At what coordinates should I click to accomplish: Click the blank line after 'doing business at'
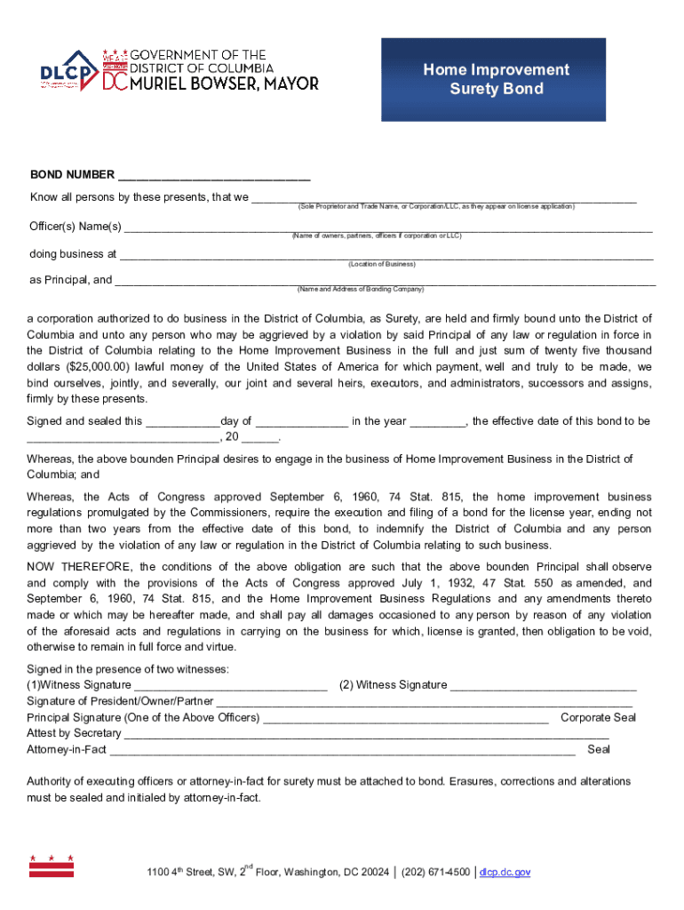[386, 255]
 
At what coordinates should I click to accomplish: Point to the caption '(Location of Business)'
[382, 265]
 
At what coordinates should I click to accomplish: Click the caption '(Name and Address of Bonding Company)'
[361, 290]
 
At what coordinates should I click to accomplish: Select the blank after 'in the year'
[437, 422]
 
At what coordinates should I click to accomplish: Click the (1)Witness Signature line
[230, 686]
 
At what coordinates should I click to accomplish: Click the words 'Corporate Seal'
[598, 718]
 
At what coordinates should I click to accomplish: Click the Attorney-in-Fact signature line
[342, 751]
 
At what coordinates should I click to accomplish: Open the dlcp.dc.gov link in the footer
[505, 873]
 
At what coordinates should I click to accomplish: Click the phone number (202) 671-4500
[435, 873]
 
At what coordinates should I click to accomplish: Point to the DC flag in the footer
[52, 866]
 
